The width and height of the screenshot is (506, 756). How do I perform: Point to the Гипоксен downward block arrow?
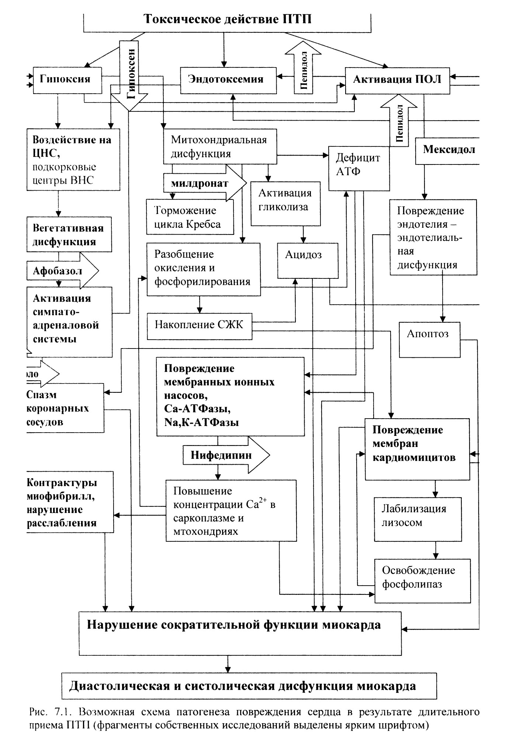(x=129, y=75)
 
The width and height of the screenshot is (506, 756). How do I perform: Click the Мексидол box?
(x=447, y=150)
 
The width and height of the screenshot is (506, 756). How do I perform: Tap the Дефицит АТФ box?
(x=359, y=169)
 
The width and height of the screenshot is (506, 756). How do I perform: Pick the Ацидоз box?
(x=308, y=260)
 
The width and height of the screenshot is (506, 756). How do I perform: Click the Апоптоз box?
(x=430, y=340)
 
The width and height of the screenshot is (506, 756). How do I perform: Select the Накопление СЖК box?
(x=200, y=326)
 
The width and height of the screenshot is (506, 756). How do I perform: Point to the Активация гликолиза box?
(x=285, y=204)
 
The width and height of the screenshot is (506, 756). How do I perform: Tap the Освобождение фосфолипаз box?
(x=423, y=581)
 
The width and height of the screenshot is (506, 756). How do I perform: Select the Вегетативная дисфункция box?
(x=69, y=235)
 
